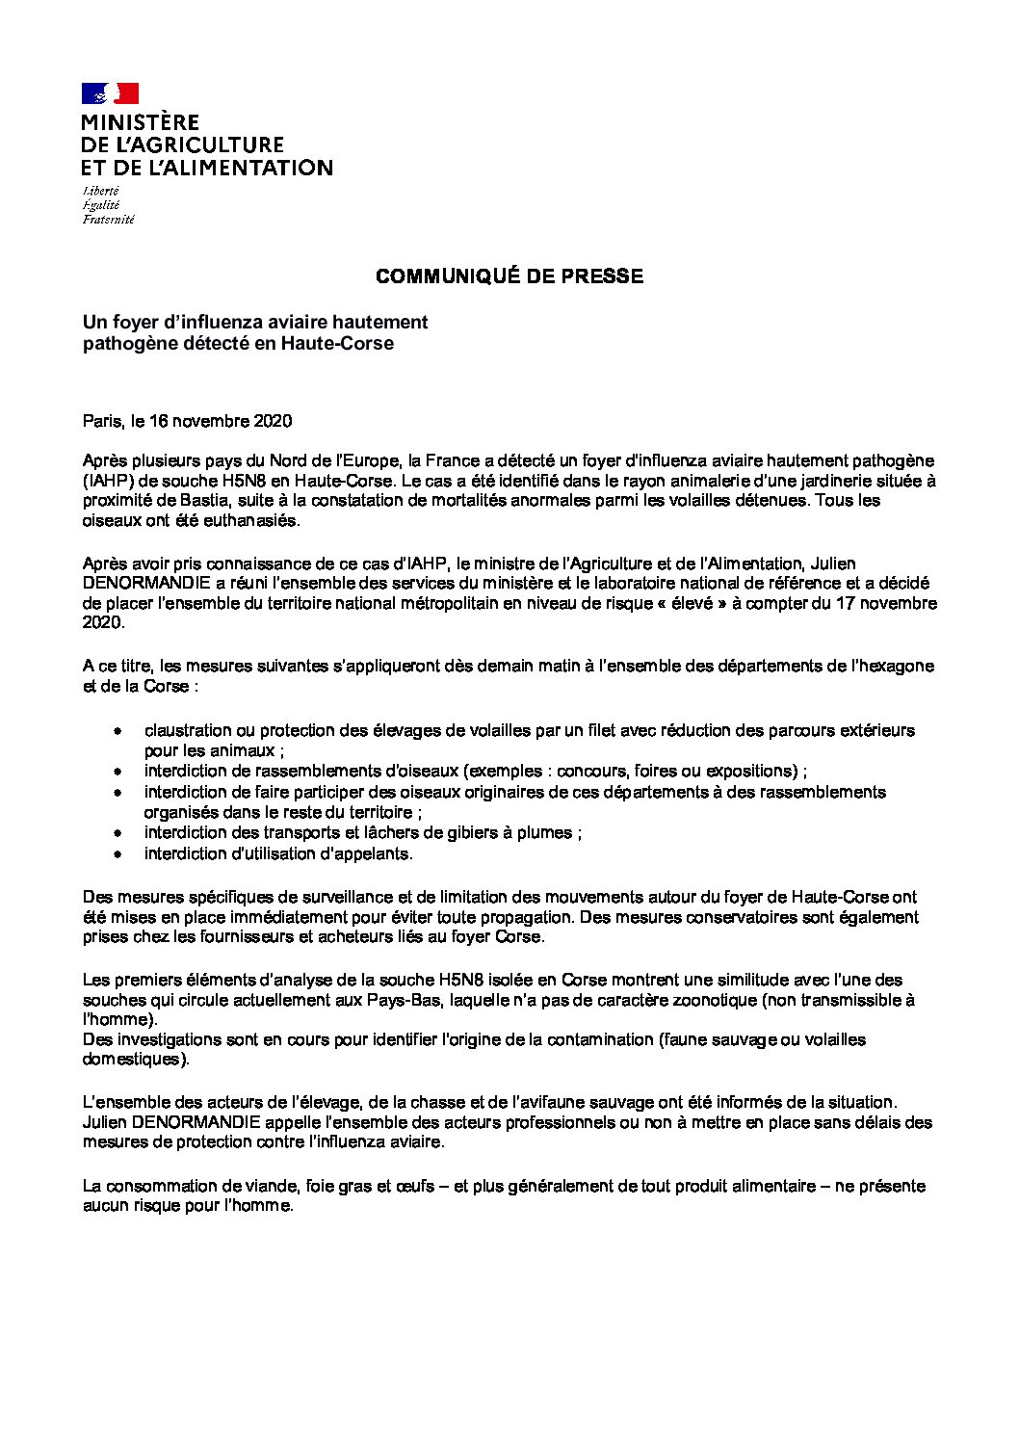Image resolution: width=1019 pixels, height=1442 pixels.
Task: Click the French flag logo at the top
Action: (x=111, y=93)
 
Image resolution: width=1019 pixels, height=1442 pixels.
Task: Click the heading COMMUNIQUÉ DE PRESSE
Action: (x=509, y=276)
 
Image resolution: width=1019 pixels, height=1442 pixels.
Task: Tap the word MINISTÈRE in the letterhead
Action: (x=141, y=122)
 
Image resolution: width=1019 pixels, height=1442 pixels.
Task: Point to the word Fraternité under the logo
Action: (x=108, y=220)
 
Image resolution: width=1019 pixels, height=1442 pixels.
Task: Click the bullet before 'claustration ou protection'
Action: (x=118, y=731)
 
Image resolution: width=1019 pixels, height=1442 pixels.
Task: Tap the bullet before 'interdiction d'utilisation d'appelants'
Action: (x=118, y=854)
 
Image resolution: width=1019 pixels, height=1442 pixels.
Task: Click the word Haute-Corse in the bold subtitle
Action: (x=337, y=343)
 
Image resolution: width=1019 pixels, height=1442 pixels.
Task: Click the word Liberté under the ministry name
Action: (x=101, y=191)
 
